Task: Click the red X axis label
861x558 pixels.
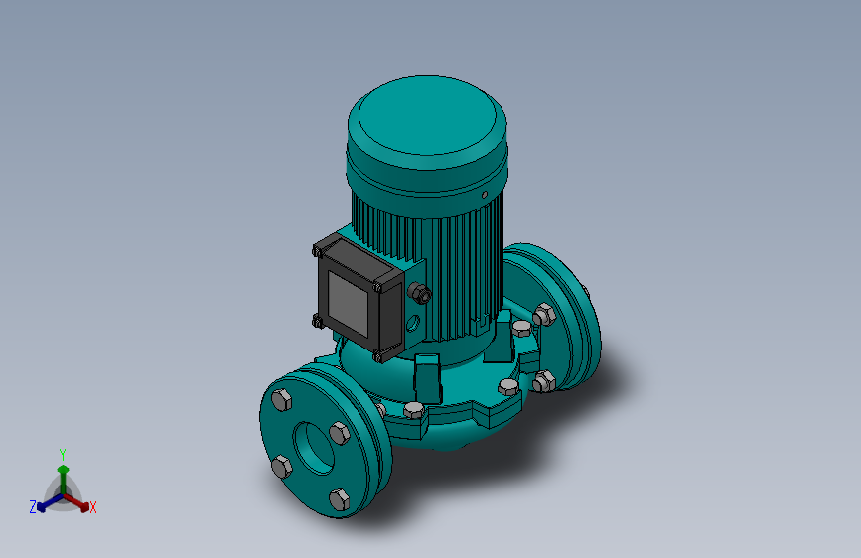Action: coord(92,507)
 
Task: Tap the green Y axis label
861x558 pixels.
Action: coord(63,455)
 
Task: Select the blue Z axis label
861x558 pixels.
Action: coord(33,507)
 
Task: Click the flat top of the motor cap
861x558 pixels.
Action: coord(427,115)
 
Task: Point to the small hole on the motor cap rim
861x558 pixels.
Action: coord(485,195)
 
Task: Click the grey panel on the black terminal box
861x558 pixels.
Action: coord(348,304)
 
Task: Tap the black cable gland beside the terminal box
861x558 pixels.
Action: coord(420,293)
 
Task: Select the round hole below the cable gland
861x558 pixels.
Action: coord(413,323)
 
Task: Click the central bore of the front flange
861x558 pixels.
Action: coord(314,447)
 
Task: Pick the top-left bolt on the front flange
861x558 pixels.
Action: coord(282,400)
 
